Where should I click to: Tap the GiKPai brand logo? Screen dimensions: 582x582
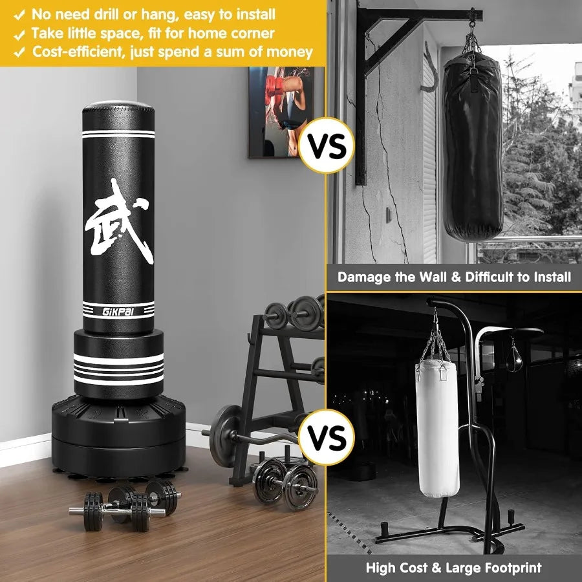[118, 310]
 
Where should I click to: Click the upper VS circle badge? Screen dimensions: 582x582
[326, 145]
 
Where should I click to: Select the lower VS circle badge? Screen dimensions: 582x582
[326, 437]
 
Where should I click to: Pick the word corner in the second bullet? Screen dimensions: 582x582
[250, 33]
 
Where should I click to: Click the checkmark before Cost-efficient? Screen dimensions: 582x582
[20, 52]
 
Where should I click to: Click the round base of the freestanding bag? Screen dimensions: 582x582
[119, 433]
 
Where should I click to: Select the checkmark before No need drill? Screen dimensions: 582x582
[20, 14]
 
